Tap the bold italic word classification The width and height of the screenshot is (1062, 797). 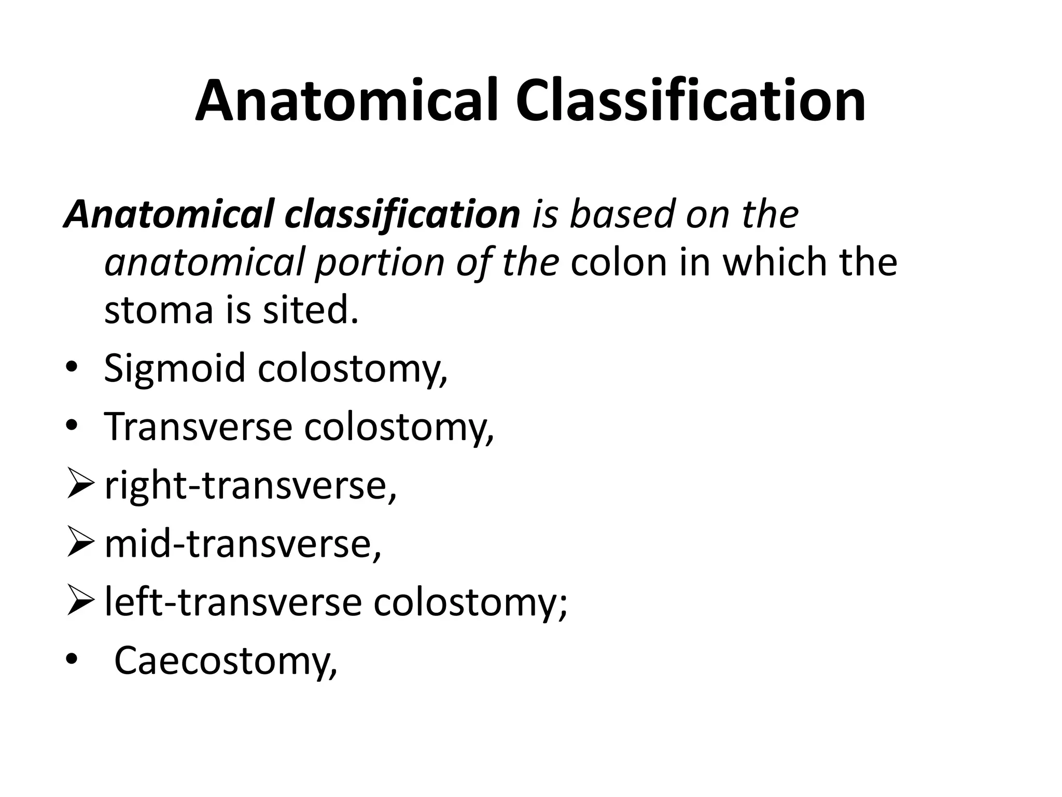402,214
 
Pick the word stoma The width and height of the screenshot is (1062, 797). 159,310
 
